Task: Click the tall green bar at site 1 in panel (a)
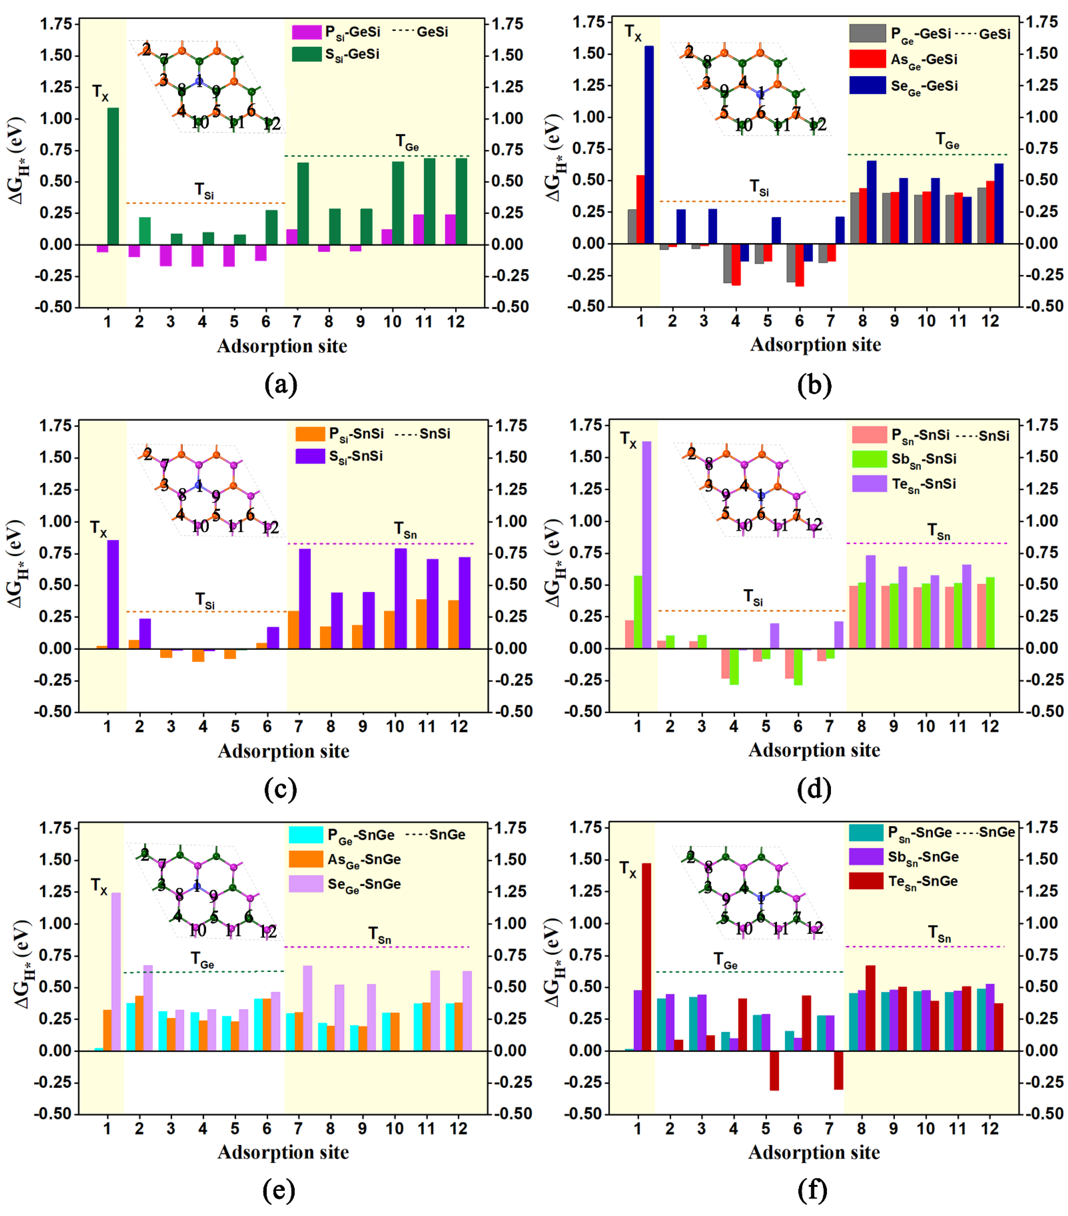pyautogui.click(x=112, y=175)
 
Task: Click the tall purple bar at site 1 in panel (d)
pyautogui.click(x=646, y=544)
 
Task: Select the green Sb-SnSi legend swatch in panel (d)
pyautogui.click(x=869, y=459)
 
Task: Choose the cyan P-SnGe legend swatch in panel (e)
pyautogui.click(x=306, y=835)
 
